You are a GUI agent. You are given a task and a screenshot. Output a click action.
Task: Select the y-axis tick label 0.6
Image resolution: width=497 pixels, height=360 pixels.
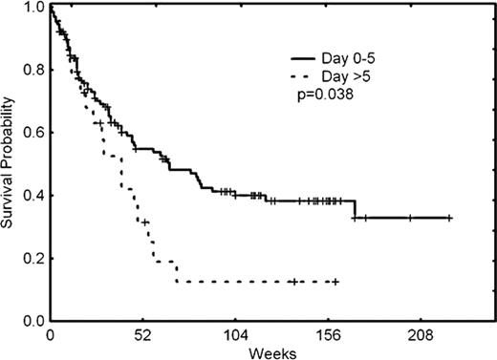[33, 133]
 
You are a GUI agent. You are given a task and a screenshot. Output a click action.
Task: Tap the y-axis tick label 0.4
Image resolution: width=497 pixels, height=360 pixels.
[33, 196]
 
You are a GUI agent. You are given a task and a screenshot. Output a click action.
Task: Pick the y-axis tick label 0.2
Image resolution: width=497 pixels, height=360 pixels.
[33, 258]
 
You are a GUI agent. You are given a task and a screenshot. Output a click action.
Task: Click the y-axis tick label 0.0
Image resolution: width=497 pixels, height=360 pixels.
[33, 321]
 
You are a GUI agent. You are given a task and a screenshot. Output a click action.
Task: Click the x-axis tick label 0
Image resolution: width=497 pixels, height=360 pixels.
[50, 335]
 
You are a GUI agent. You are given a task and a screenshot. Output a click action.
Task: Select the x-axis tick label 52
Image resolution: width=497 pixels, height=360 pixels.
[142, 335]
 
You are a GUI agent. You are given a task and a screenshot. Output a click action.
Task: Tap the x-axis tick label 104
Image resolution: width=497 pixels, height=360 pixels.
[236, 335]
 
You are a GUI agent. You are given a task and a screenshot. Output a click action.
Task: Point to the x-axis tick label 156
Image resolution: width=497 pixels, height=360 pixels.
[329, 335]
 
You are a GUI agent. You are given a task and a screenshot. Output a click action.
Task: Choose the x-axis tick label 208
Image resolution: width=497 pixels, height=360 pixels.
[422, 335]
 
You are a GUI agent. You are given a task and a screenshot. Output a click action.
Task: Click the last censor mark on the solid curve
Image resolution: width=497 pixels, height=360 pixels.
[449, 219]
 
